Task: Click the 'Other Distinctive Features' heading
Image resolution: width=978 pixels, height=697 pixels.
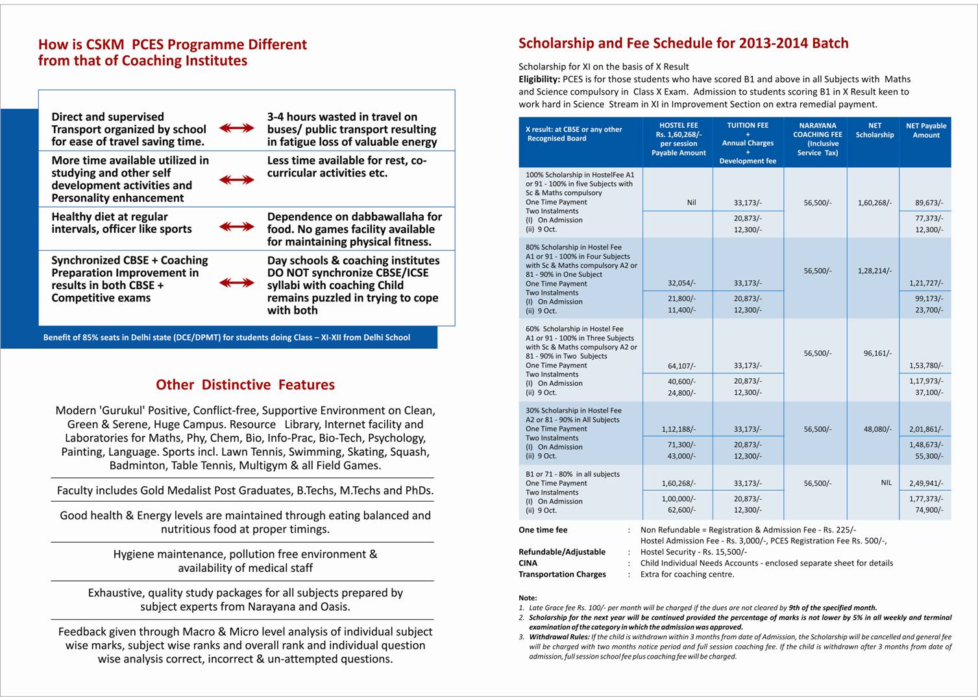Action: coord(245,384)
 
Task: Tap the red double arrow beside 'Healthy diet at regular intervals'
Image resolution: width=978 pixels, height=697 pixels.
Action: coord(237,226)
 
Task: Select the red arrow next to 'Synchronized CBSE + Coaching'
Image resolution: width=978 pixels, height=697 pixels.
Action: coord(237,283)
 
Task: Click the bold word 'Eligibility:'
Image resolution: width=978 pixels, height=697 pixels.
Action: coord(539,79)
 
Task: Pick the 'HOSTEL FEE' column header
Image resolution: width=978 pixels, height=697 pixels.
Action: coord(678,125)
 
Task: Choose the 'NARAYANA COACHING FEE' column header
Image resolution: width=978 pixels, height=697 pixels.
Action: coord(817,134)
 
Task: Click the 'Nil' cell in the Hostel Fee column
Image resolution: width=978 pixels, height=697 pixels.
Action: coord(691,202)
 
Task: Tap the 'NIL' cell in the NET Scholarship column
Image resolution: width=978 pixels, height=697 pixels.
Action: coord(886,482)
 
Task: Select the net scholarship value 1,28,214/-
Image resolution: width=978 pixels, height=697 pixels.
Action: coord(874,270)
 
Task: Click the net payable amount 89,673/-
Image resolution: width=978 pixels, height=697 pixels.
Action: coord(929,202)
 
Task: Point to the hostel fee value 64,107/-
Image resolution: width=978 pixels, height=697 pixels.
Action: coord(681,366)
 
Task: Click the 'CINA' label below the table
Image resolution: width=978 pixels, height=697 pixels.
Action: coord(528,563)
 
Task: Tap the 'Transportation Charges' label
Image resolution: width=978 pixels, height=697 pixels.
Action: coord(562,574)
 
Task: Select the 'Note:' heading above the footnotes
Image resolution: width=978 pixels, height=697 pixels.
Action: coord(528,598)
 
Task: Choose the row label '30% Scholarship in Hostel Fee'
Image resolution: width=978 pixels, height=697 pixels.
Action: coord(573,410)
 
